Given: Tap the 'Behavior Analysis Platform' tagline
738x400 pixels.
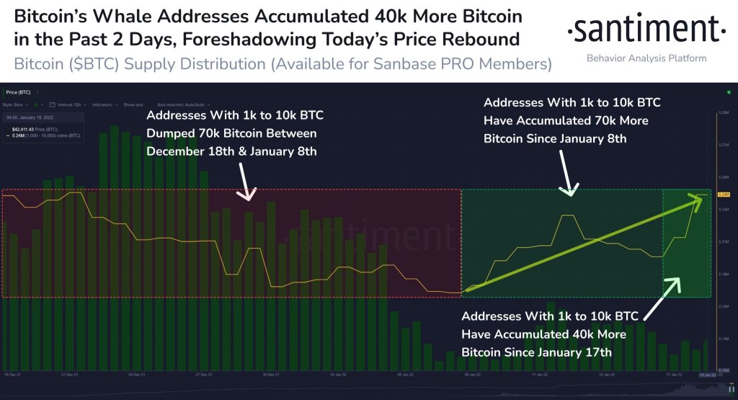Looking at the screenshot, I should click(646, 58).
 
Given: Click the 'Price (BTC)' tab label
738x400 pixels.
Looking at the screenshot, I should click(19, 92).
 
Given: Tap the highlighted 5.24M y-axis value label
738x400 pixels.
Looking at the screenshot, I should click(724, 195).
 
